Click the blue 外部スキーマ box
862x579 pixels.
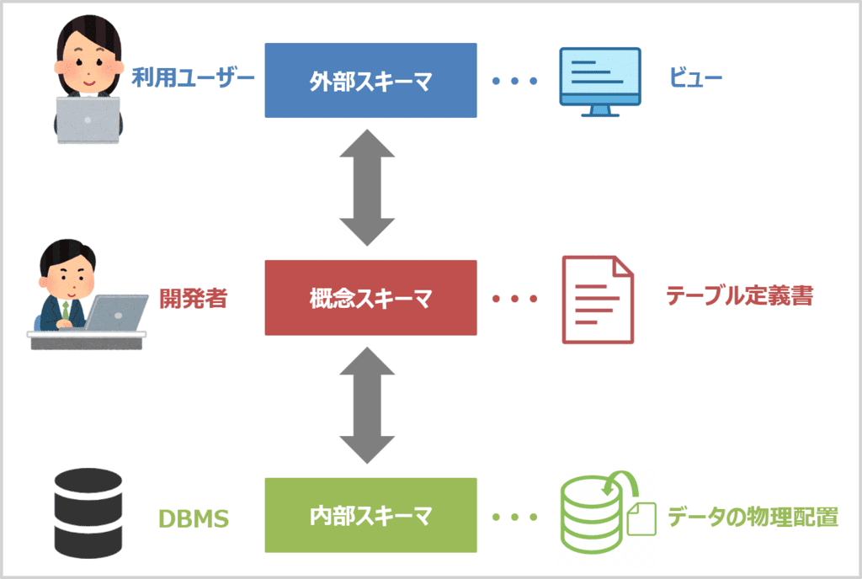(x=370, y=80)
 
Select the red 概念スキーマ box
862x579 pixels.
(x=370, y=298)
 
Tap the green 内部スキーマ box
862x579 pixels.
(x=370, y=515)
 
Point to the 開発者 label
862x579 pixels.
(x=193, y=297)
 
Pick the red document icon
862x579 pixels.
(x=598, y=300)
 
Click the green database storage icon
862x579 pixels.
(x=599, y=509)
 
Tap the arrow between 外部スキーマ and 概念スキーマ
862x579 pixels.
(x=367, y=189)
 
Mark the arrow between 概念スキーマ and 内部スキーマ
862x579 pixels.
(x=367, y=406)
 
